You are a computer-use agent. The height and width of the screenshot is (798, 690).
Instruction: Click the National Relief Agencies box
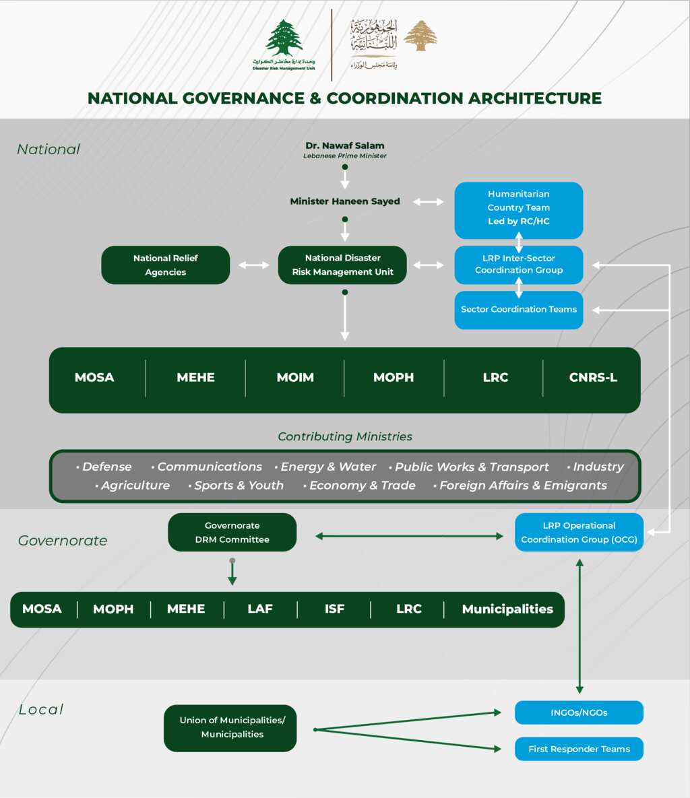pos(165,265)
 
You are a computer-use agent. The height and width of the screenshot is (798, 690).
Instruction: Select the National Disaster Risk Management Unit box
pos(342,265)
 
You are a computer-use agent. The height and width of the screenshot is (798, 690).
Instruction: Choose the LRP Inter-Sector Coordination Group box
pos(518,264)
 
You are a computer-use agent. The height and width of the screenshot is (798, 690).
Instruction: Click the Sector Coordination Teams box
pos(518,310)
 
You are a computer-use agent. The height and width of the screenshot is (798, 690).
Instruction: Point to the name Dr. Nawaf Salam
pos(344,145)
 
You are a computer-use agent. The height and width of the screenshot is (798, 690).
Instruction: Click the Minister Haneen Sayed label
pos(344,201)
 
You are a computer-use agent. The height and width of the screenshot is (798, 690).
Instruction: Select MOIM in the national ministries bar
pos(295,378)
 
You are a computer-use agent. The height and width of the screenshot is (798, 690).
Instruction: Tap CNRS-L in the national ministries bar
pos(593,378)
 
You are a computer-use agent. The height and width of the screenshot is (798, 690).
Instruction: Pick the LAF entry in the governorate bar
pos(259,609)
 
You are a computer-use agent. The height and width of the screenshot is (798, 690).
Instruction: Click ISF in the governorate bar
pos(334,609)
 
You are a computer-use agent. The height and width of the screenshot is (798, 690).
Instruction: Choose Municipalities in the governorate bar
pos(507,609)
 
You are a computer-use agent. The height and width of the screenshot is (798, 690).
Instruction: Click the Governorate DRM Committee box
pos(232,533)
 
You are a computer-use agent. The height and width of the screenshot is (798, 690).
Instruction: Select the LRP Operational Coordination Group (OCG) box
pos(579,533)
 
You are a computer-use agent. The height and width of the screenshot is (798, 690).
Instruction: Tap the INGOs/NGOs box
pos(579,712)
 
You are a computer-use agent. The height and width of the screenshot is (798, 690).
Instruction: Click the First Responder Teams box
pos(579,749)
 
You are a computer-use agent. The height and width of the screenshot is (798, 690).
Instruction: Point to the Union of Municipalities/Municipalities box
pos(232,727)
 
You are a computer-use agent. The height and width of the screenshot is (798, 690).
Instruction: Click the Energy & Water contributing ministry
pos(328,467)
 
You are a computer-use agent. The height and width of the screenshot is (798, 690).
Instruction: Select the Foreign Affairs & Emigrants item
pos(523,486)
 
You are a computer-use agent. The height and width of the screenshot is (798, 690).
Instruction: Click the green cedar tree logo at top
pos(284,38)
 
